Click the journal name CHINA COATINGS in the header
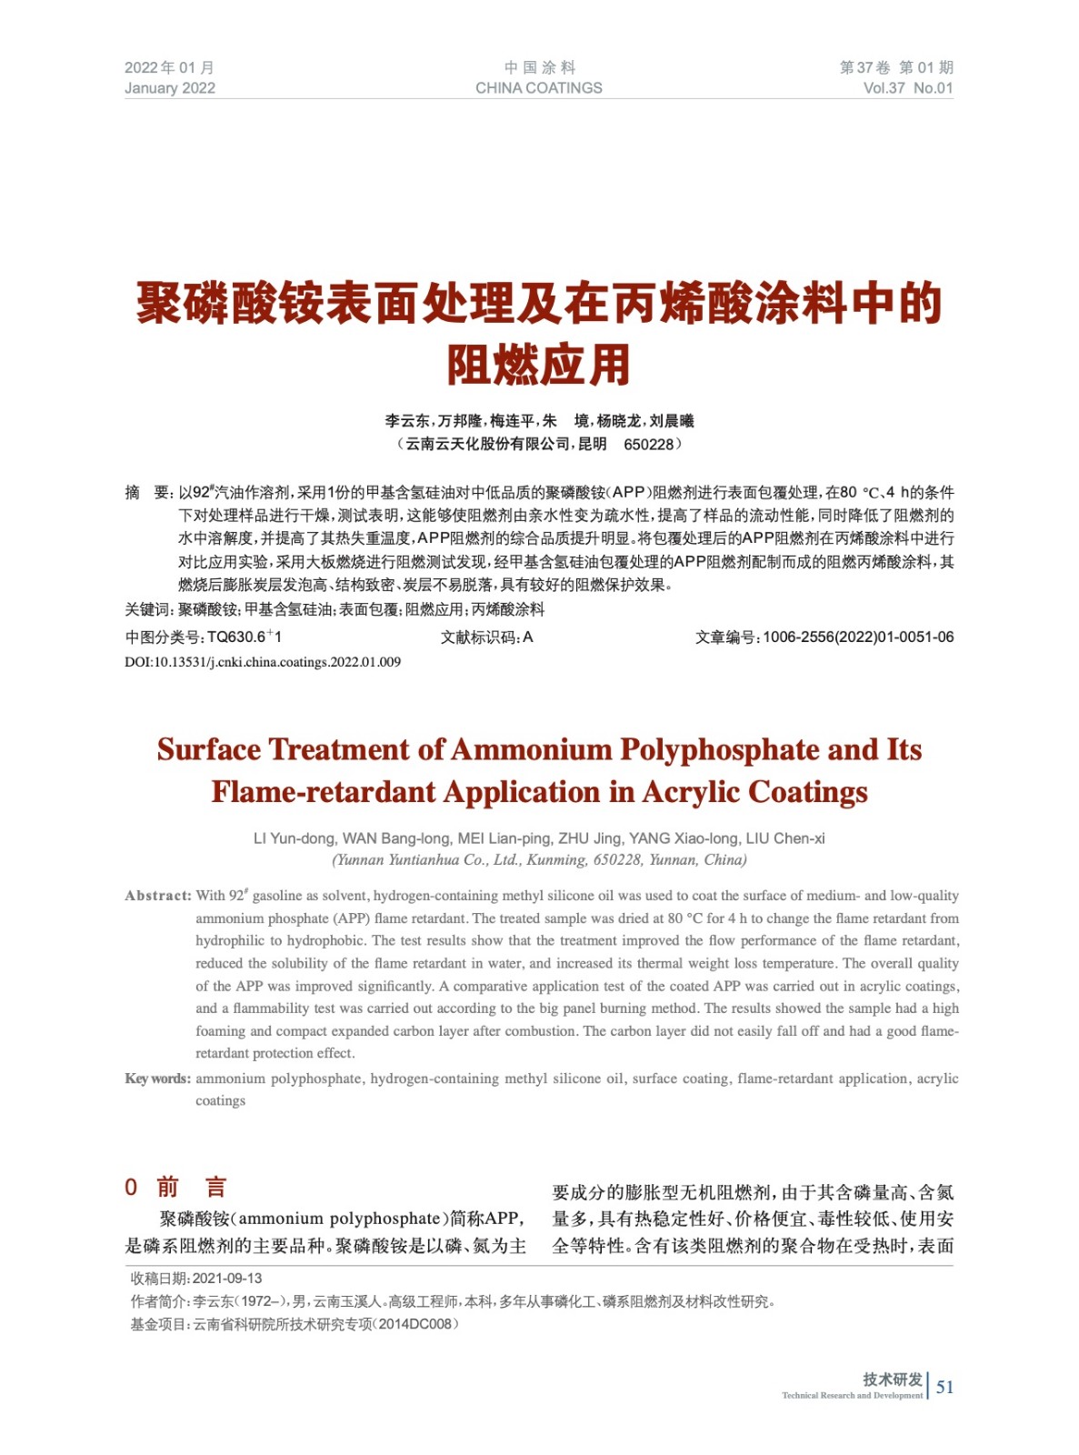(538, 88)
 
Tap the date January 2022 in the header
(170, 88)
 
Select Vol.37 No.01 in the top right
(907, 88)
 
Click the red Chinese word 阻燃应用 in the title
(538, 365)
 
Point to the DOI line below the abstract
(263, 662)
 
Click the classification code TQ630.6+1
(244, 637)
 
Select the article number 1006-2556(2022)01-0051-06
(857, 637)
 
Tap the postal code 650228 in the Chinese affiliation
(648, 445)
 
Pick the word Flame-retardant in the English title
(325, 792)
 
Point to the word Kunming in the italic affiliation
(556, 860)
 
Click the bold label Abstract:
(158, 896)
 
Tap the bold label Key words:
(157, 1079)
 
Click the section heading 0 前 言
(175, 1187)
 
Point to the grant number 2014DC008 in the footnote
(415, 1324)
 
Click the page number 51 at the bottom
(945, 1387)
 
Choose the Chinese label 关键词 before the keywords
(148, 610)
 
